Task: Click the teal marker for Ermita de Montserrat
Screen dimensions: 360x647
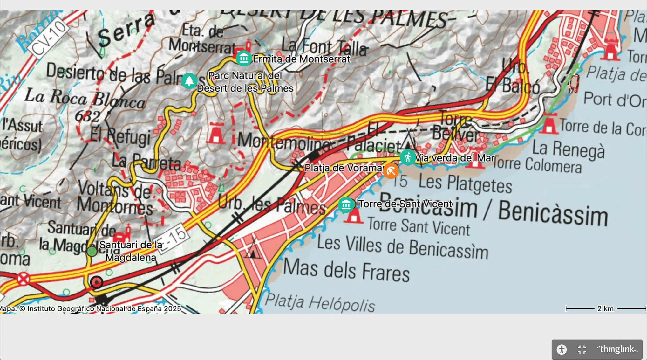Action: (244, 59)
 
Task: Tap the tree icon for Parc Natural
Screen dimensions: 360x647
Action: (189, 81)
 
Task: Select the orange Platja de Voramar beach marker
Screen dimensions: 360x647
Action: (391, 171)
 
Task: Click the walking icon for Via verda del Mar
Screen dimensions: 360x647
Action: (408, 157)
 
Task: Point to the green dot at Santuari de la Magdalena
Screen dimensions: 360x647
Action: (92, 252)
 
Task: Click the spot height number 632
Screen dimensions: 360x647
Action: (87, 116)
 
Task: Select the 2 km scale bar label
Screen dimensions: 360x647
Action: (605, 308)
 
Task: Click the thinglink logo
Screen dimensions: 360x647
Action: (617, 349)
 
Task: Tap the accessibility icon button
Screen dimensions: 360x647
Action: (562, 350)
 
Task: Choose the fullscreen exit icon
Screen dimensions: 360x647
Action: (582, 350)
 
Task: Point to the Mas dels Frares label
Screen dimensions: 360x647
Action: (346, 271)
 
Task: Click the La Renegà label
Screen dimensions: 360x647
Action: (568, 149)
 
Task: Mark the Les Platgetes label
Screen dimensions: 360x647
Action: (465, 183)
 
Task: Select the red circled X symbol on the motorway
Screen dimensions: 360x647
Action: (23, 279)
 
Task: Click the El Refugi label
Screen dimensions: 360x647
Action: (120, 137)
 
